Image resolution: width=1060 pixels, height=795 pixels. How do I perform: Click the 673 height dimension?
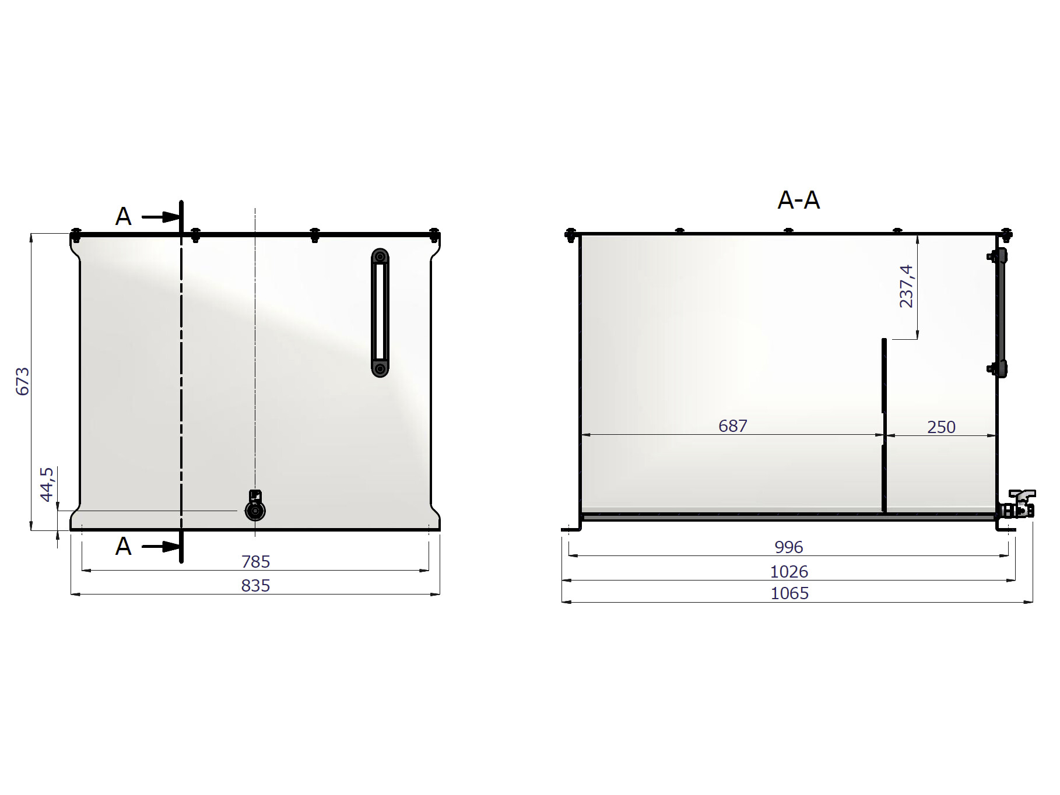[22, 382]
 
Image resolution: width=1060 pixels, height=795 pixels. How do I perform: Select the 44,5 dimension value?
[47, 484]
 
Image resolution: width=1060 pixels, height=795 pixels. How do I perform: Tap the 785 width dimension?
[256, 562]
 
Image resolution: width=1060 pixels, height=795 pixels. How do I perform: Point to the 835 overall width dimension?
[256, 586]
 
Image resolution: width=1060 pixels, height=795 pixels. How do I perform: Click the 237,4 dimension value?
[907, 286]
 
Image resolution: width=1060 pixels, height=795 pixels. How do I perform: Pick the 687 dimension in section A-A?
[733, 426]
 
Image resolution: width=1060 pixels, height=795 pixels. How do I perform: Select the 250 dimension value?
[942, 427]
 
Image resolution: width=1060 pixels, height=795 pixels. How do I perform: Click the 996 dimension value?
[789, 547]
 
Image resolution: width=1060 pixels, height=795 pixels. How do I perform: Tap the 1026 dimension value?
[789, 572]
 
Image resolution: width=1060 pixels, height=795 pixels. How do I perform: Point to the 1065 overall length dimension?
[790, 593]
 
